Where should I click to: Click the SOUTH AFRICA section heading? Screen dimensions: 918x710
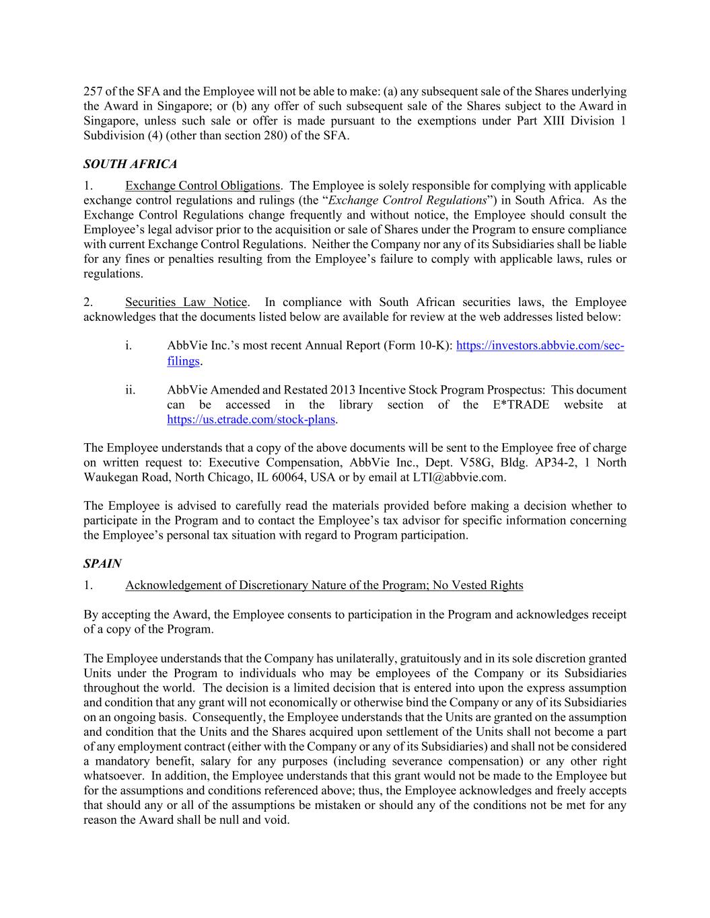pyautogui.click(x=130, y=164)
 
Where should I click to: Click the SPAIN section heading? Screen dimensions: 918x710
pyautogui.click(x=102, y=564)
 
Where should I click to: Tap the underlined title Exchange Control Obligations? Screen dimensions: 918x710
pyautogui.click(x=203, y=186)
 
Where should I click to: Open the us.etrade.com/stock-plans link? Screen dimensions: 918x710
pyautogui.click(x=251, y=420)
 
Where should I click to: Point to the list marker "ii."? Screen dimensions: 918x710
pyautogui.click(x=130, y=390)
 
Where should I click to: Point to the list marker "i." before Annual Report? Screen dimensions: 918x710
pyautogui.click(x=128, y=346)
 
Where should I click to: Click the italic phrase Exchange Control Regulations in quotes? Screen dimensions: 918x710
pyautogui.click(x=406, y=200)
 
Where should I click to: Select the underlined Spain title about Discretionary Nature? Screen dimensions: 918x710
pyautogui.click(x=324, y=585)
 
